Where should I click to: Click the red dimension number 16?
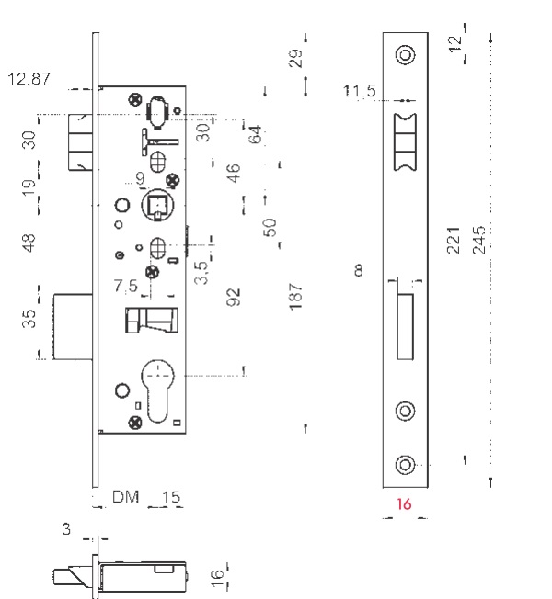404,504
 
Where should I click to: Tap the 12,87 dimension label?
29,79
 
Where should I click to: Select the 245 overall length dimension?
479,240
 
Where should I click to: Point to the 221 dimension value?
453,240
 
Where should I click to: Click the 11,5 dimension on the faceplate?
360,91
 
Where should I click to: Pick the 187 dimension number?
296,297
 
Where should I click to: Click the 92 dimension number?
234,298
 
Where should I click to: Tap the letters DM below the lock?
125,497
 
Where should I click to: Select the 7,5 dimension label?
125,286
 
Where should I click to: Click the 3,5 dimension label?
201,273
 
